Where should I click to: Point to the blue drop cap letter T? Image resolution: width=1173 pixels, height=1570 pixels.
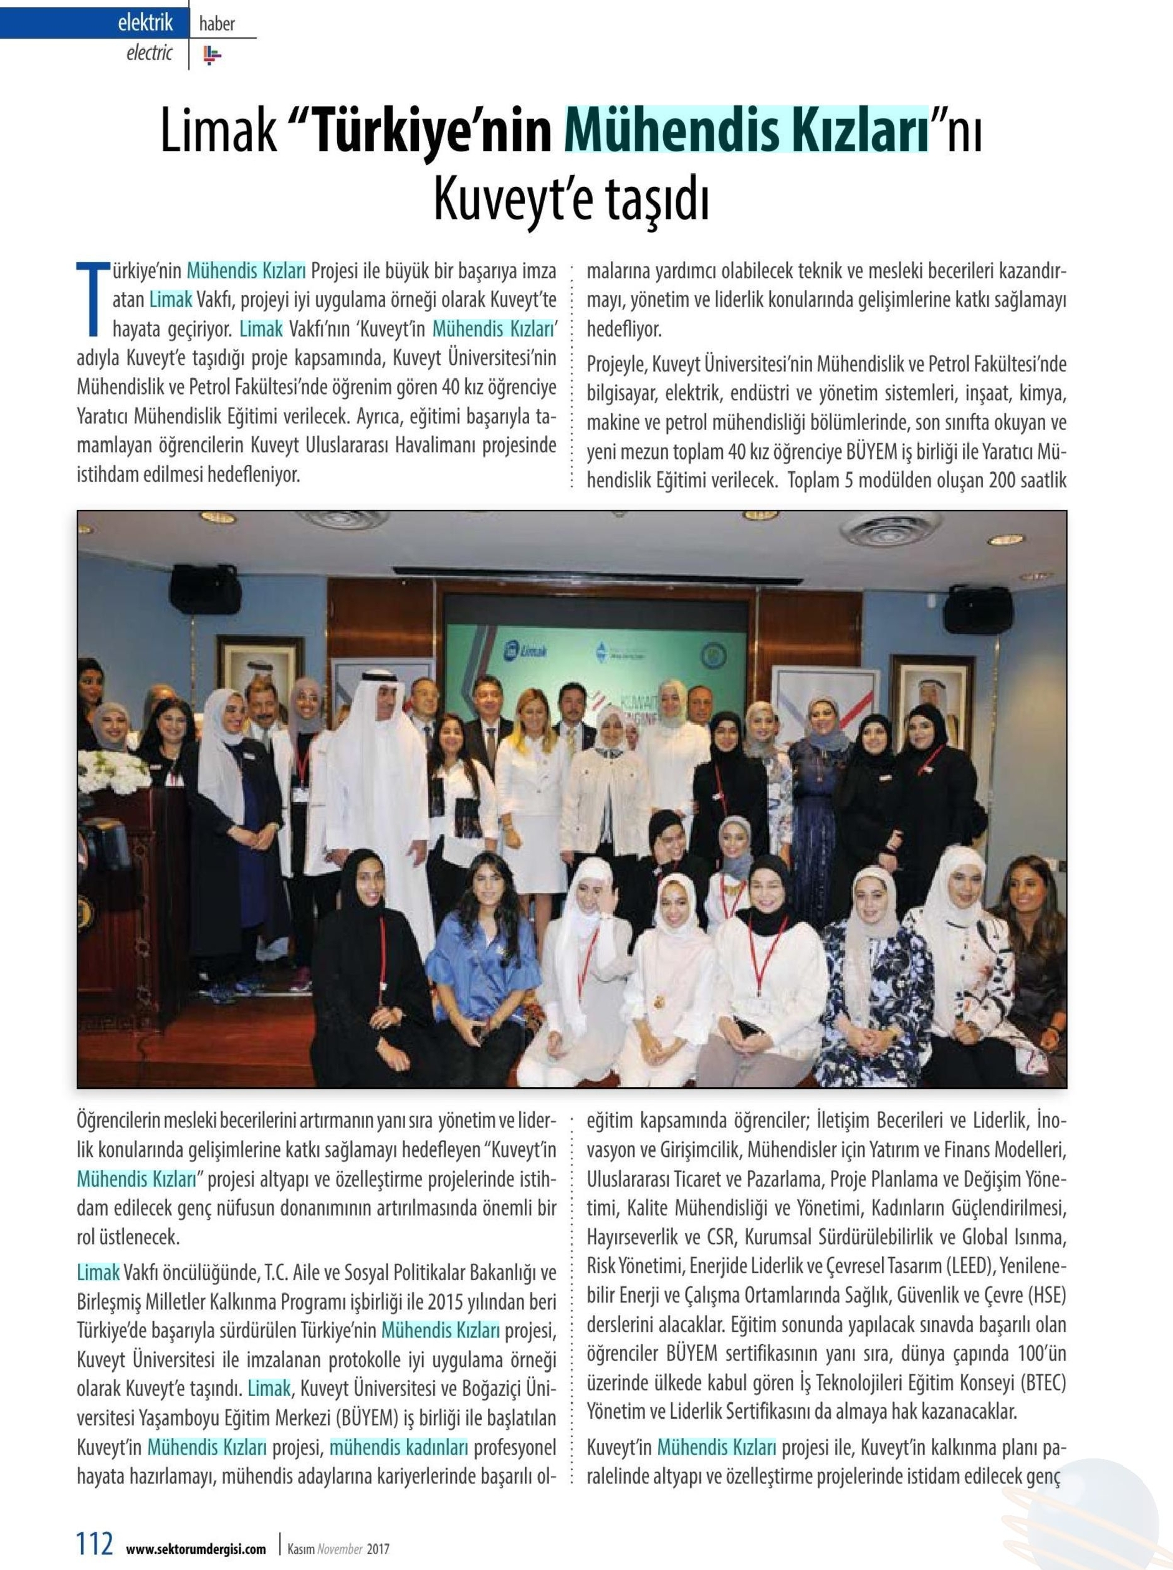(92, 297)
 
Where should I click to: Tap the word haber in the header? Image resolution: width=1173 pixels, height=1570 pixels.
(216, 24)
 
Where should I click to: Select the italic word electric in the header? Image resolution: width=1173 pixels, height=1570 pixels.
(149, 52)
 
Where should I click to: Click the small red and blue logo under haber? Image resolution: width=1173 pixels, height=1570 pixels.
(211, 55)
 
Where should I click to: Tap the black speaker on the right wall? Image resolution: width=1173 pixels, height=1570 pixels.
(977, 610)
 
